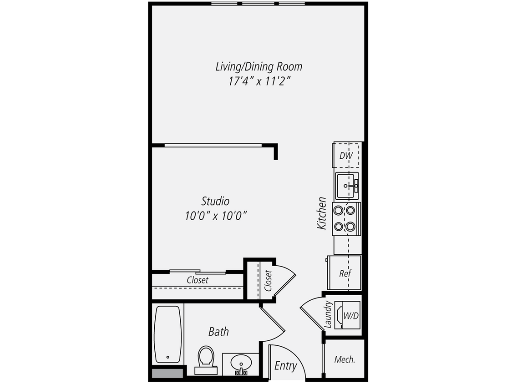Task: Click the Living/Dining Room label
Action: pos(259,67)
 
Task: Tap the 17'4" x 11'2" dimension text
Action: pos(259,82)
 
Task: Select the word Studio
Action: pos(215,201)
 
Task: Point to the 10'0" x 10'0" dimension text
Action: pos(215,216)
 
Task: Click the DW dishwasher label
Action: pos(346,156)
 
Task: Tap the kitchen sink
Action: pos(347,186)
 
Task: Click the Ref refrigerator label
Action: pos(345,274)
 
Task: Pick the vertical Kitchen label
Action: pos(322,213)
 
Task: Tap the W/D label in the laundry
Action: pos(350,315)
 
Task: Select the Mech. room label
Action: pos(345,359)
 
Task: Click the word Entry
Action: pos(286,365)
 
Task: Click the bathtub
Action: pos(167,334)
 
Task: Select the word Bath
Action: pos(218,332)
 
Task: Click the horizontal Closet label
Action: pos(198,280)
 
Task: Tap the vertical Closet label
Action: pos(268,281)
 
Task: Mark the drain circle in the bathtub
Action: pos(168,357)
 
